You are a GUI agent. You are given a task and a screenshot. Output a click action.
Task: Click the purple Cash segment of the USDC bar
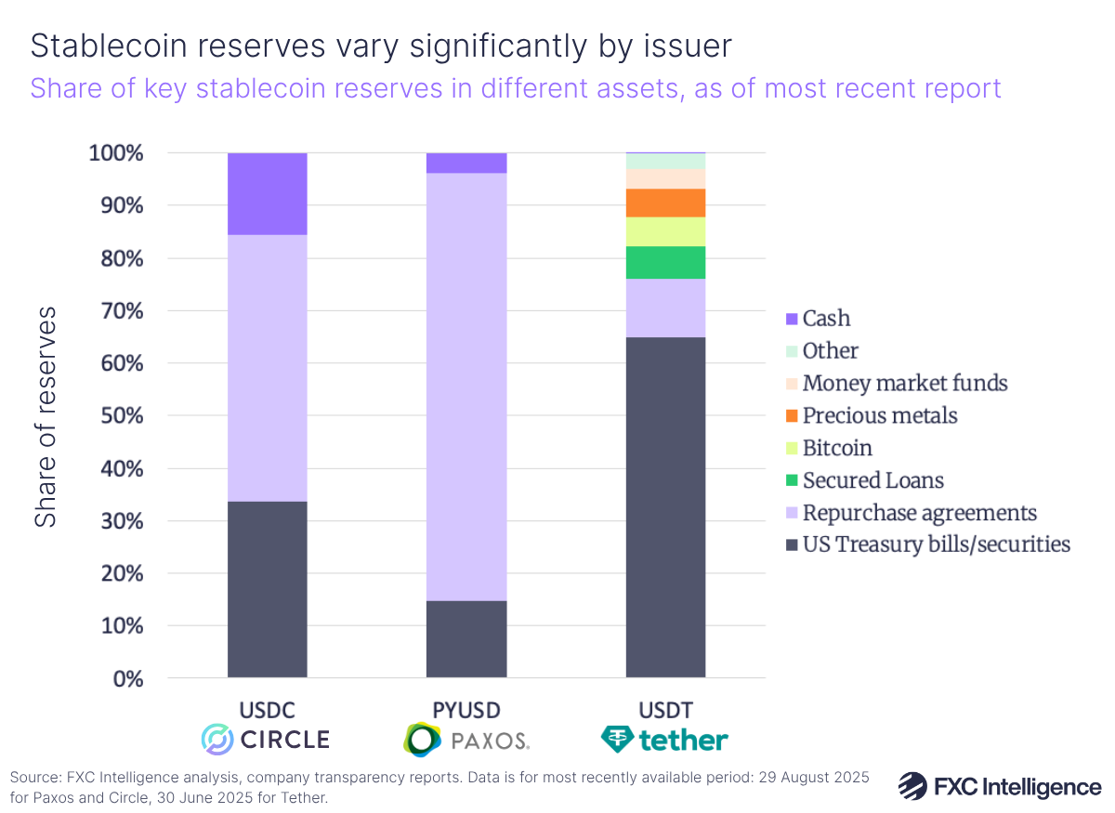pyautogui.click(x=267, y=193)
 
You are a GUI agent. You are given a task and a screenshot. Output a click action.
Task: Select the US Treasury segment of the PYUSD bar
pyautogui.click(x=466, y=639)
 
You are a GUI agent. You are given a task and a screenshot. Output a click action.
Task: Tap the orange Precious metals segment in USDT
pyautogui.click(x=665, y=203)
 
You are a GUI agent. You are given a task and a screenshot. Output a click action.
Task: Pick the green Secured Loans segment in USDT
pyautogui.click(x=665, y=262)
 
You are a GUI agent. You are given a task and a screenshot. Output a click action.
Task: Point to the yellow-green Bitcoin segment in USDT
pyautogui.click(x=665, y=231)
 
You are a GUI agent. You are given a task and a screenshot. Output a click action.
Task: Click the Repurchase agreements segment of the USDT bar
pyautogui.click(x=665, y=308)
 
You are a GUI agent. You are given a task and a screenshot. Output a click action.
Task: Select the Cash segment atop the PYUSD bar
pyautogui.click(x=466, y=164)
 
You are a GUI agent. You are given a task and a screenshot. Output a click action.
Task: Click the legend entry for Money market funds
pyautogui.click(x=904, y=383)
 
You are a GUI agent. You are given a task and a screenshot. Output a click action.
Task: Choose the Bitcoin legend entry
pyautogui.click(x=836, y=448)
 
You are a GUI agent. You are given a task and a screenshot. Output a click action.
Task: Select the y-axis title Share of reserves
pyautogui.click(x=46, y=415)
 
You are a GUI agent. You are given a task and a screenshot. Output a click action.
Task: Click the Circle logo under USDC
pyautogui.click(x=267, y=740)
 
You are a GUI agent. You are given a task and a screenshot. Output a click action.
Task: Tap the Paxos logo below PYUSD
pyautogui.click(x=466, y=740)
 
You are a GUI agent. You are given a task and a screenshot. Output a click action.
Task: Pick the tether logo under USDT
pyautogui.click(x=665, y=740)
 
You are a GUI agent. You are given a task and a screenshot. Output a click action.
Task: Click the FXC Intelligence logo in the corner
pyautogui.click(x=1000, y=786)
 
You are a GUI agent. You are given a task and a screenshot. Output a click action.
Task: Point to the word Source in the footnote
pyautogui.click(x=36, y=778)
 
